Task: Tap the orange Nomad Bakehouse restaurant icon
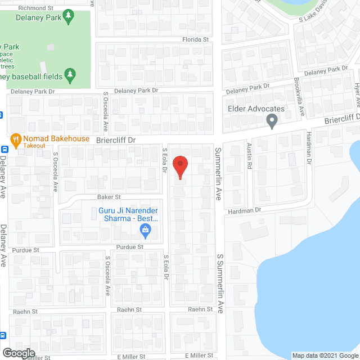15,139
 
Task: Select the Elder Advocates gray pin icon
272,120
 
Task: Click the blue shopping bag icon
145,229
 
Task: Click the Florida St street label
195,40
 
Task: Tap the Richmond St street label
35,8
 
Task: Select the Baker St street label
110,197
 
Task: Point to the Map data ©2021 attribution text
324,355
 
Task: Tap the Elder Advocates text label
256,109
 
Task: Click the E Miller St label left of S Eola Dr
130,357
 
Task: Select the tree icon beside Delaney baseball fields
70,74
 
